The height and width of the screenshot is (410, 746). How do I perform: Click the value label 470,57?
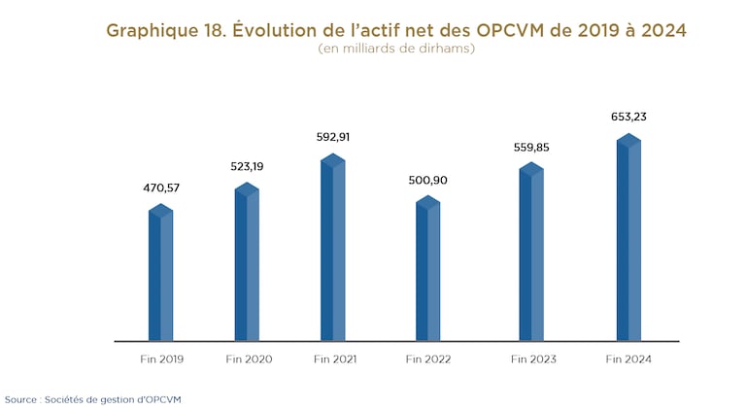coord(160,187)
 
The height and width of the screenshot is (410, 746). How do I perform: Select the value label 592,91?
coord(332,137)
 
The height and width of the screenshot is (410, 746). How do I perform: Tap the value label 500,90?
coord(427,180)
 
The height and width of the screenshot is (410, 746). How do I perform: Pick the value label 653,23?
coord(627,117)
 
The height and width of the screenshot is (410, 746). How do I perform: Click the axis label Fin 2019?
coord(161,359)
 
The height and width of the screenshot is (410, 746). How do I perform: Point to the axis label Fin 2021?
coord(335,359)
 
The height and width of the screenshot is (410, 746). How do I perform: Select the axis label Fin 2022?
coord(428,359)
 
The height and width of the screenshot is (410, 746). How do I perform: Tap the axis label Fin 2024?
coord(628,359)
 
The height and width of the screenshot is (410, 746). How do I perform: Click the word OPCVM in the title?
coord(515,30)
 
